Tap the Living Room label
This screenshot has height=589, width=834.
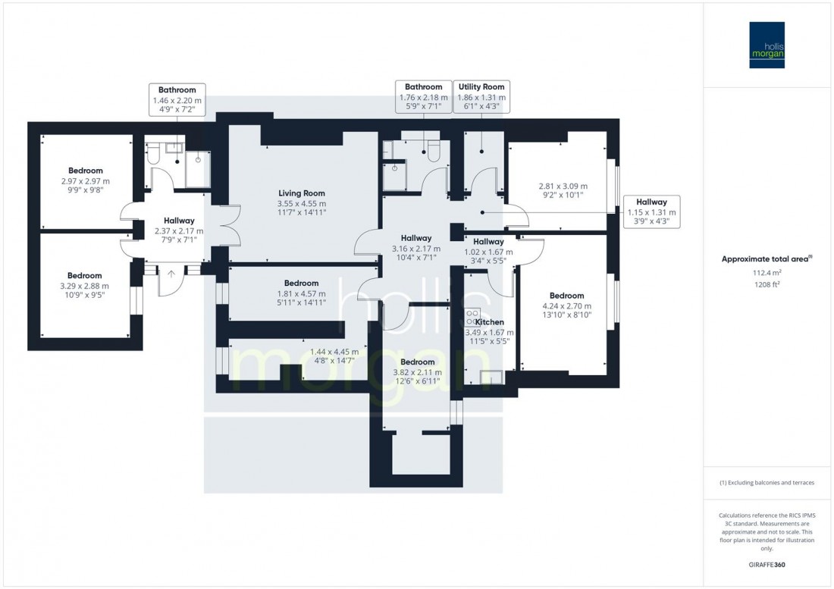(302, 193)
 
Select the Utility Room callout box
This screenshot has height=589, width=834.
(481, 98)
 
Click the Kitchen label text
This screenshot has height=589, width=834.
(489, 322)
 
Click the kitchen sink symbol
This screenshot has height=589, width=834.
(492, 375)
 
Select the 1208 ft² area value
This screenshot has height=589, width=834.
(767, 285)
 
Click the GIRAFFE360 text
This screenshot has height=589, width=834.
(767, 566)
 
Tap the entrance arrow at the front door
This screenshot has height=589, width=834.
(171, 274)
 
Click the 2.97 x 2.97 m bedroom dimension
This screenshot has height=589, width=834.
(85, 181)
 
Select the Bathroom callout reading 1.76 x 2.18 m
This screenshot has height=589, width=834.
(422, 98)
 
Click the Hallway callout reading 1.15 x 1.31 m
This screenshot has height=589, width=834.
(651, 212)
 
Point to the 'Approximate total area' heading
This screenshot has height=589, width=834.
(767, 258)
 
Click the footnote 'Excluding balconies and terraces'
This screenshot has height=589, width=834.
(767, 483)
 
